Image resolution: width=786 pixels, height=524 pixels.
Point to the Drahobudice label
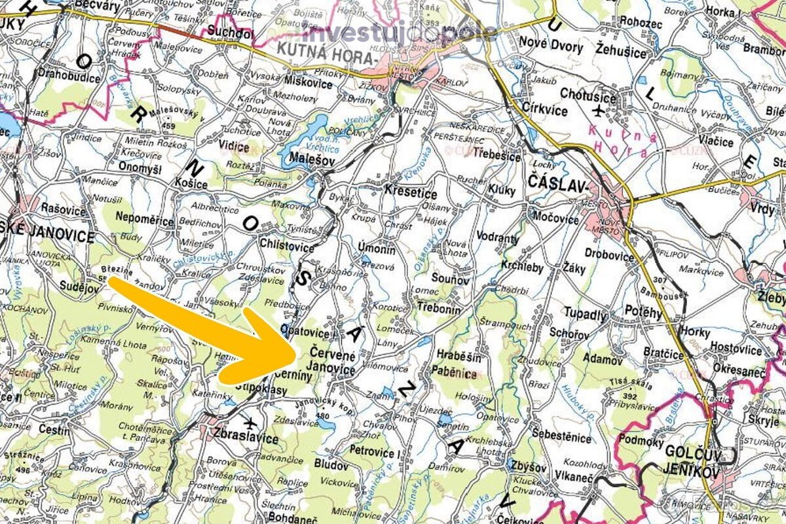point(69,79)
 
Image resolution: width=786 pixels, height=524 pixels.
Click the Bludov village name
point(331,466)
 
